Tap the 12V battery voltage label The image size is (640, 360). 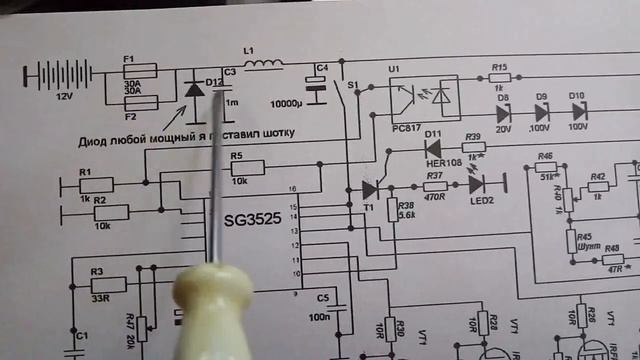65,98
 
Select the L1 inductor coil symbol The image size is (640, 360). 263,67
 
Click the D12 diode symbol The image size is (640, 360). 194,90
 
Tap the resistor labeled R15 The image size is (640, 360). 500,77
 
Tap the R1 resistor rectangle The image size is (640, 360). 97,183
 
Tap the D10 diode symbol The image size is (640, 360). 577,108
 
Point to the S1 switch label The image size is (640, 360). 351,86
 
